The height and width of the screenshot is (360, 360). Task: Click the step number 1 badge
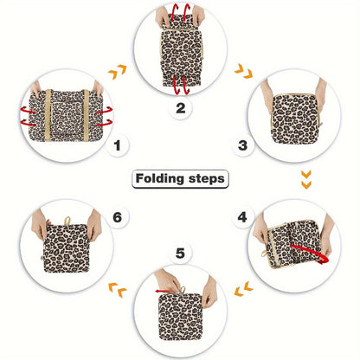[117, 145]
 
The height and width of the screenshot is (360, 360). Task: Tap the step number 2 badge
[181, 108]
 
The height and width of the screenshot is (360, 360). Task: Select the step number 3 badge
[243, 145]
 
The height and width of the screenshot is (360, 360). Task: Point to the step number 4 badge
[242, 217]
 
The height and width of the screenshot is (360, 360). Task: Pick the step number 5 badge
[180, 254]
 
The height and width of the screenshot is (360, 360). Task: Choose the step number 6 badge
[117, 217]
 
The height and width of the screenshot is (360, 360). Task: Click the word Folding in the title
[159, 179]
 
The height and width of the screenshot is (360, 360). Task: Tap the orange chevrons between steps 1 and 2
[118, 72]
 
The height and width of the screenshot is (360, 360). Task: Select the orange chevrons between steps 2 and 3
[244, 71]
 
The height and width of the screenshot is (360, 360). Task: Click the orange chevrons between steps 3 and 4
[306, 179]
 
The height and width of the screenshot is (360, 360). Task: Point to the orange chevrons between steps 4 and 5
[244, 289]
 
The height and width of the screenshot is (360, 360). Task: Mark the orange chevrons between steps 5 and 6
[118, 290]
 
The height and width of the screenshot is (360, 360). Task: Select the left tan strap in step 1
[48, 115]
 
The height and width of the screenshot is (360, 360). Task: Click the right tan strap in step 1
[86, 115]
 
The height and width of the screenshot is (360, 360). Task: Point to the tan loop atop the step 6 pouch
[67, 222]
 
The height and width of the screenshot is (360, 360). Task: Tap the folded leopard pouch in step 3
[293, 119]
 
